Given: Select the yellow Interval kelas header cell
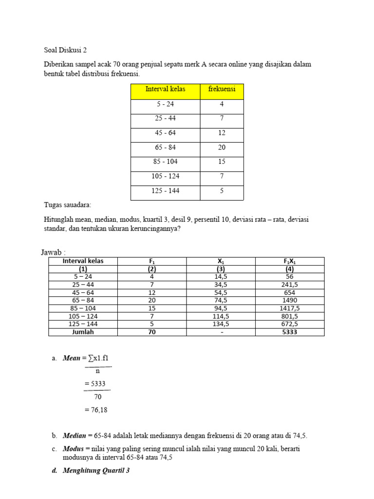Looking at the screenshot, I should pos(165,89).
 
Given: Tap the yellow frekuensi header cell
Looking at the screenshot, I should pos(222,89).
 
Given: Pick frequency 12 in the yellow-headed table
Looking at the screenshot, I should pos(222,133).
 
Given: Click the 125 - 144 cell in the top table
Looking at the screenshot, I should pos(165,191).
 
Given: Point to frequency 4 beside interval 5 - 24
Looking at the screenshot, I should pos(222,104).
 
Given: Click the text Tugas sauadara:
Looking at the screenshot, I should pos(68,205).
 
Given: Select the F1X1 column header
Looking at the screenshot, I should pos(289,261).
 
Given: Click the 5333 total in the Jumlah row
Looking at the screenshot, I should pos(289,332).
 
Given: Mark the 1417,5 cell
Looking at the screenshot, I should pos(289,308).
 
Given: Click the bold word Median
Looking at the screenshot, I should pos(74,435).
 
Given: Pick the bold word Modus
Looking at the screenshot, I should pos(74,448).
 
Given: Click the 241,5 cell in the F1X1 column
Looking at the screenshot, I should pos(289,284).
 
